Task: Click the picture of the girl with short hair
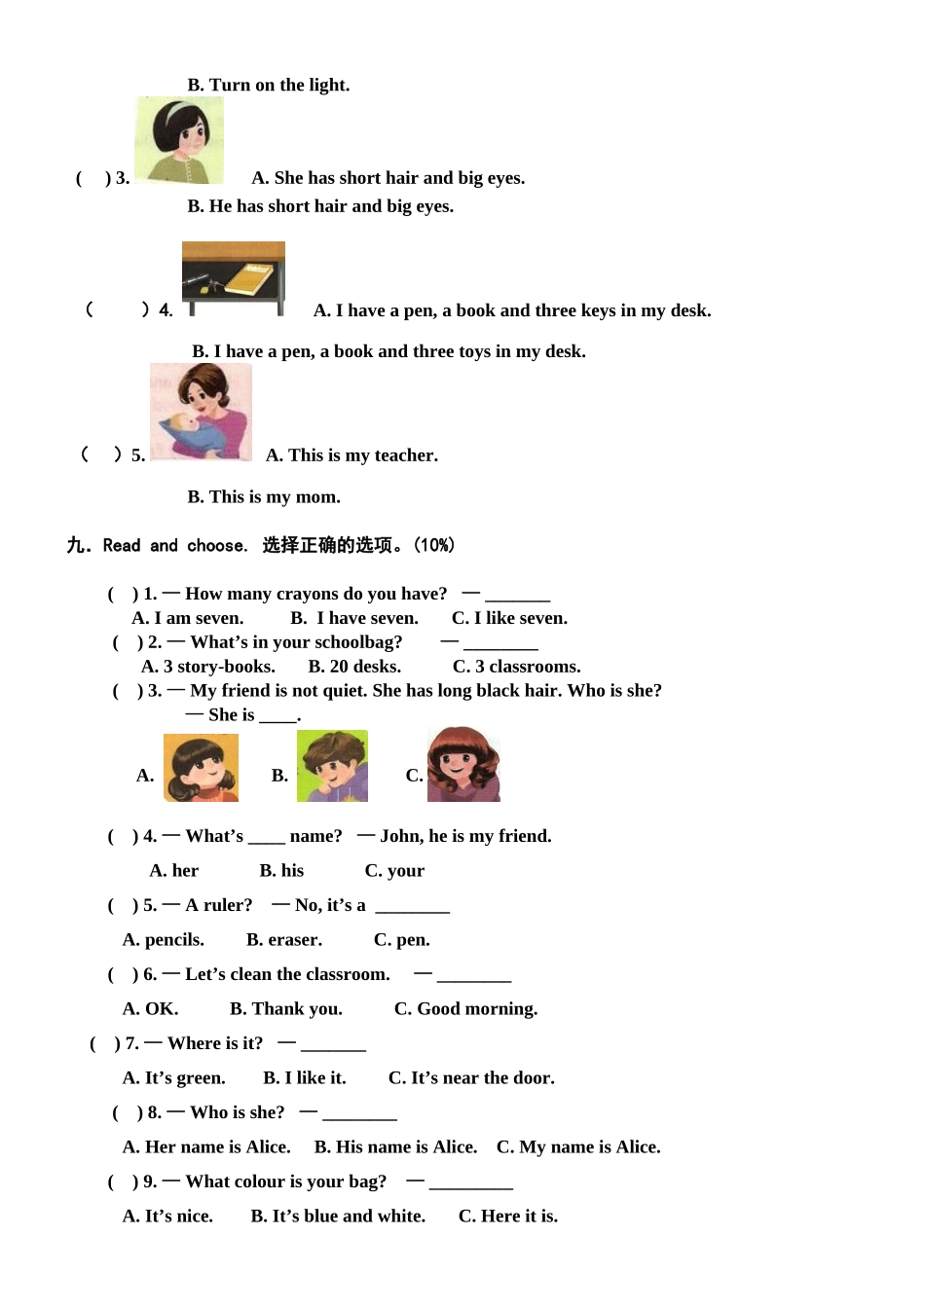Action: coord(179,141)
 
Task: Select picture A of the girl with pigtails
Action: coord(201,768)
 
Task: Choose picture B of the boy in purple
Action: coord(332,766)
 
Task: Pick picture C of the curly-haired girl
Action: coord(463,765)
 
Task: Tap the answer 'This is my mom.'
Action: coord(264,497)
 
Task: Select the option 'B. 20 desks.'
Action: coord(354,667)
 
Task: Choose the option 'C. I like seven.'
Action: coord(509,618)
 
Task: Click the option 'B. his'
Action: coord(281,871)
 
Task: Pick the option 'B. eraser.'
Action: coord(284,940)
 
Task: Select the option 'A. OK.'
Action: coord(150,1009)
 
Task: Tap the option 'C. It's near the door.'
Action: coord(471,1078)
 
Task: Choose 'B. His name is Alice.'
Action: coord(395,1147)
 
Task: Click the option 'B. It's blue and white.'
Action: coord(338,1217)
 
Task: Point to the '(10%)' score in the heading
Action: coord(434,545)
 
